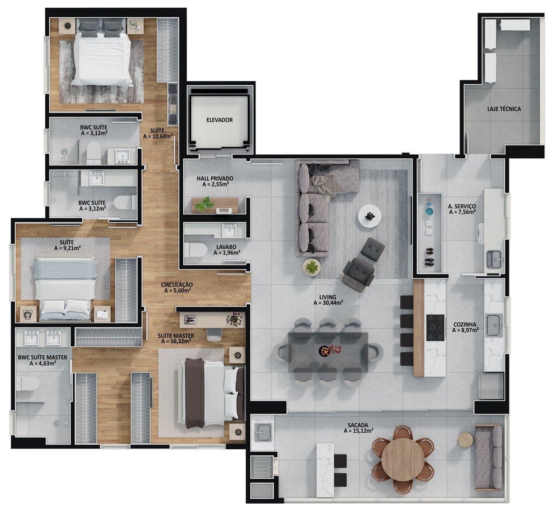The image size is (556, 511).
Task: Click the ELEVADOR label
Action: point(219,120)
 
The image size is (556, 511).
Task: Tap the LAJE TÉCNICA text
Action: point(504,109)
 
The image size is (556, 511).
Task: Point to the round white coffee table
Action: point(370,216)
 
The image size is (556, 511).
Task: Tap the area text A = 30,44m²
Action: point(328,303)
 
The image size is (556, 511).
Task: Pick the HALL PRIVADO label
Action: point(215,178)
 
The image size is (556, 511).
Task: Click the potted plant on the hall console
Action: point(204,204)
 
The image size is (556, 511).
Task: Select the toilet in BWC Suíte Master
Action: point(26,383)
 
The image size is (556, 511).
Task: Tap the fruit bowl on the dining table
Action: point(324,350)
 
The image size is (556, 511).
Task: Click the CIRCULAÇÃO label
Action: point(177,284)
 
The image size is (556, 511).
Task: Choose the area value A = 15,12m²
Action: point(358,431)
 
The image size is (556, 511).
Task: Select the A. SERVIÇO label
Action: point(462,206)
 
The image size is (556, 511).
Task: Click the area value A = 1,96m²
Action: point(227,253)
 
